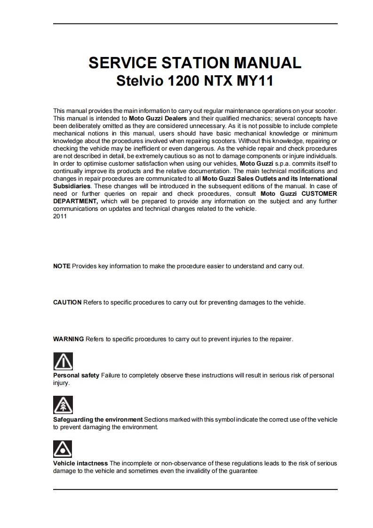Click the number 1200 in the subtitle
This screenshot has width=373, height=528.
pos(184,81)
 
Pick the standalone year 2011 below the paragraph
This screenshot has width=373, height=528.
pos(60,216)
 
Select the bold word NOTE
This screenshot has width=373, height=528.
pos(62,266)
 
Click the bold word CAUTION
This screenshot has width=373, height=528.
pos(67,302)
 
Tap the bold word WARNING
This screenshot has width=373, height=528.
pos(68,339)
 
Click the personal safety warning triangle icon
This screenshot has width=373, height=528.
pos(63,361)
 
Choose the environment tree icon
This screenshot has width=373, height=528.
pos(63,405)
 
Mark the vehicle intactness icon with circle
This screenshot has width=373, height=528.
pos(63,449)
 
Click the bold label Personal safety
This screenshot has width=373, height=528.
pos(76,376)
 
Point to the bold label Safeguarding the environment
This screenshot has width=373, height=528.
pos(98,419)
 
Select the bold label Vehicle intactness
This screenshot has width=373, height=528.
pos(80,464)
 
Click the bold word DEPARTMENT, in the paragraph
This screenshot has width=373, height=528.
pos(76,201)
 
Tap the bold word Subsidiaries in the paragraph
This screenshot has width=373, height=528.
pos(71,186)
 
